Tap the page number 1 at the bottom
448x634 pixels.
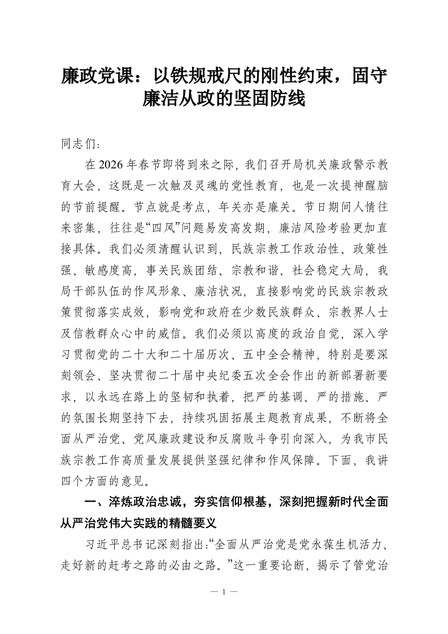coord(224,592)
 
